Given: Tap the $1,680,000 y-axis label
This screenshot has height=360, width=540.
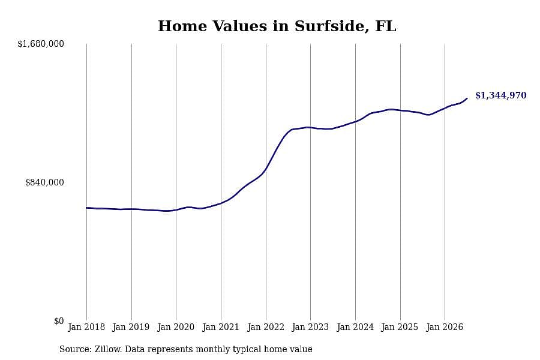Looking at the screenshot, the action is [41, 44].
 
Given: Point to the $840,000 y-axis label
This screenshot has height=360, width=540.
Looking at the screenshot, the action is [44, 182].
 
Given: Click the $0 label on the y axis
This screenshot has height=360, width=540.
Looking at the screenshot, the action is [59, 321].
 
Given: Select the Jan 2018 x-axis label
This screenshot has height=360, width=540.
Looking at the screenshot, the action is [86, 327].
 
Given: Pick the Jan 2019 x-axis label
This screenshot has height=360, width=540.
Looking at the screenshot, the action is [131, 327].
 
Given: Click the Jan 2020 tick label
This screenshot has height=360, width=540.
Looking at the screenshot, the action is [176, 327].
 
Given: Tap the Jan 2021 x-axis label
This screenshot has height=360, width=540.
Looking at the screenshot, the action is [221, 327].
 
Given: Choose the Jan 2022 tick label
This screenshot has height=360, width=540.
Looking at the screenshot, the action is [266, 327].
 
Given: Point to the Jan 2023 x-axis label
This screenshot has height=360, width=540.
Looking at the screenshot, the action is [310, 327].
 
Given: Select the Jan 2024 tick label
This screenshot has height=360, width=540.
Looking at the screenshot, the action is [355, 327].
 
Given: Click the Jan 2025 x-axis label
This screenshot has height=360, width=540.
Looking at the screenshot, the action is [400, 327].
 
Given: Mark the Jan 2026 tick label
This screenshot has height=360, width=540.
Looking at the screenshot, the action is [445, 327].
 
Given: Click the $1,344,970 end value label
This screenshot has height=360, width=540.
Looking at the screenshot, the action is [501, 95].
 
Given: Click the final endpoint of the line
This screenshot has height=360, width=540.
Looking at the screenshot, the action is [467, 98].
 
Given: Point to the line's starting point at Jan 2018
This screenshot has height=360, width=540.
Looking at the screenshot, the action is [86, 208].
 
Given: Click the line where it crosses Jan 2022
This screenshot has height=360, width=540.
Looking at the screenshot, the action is [266, 169].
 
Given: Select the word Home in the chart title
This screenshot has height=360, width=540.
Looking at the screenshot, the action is [182, 26].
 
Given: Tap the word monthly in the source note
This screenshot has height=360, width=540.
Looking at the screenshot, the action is [213, 349].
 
